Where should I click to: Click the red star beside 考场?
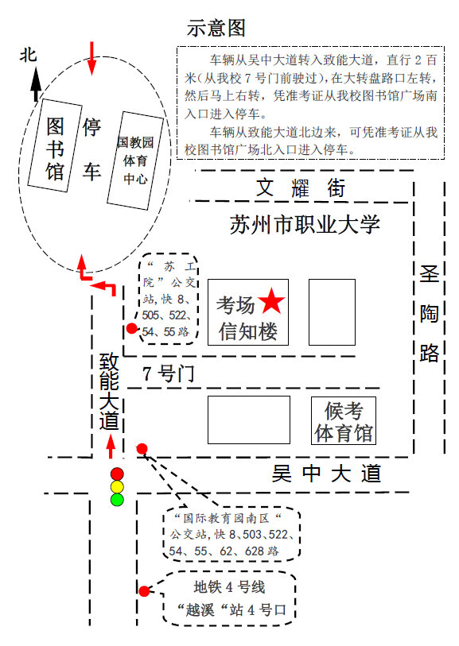point(271,301)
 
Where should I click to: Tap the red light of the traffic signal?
point(117,474)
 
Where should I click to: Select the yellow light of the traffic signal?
point(117,487)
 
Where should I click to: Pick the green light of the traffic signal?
point(117,500)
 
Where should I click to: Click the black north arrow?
point(37,83)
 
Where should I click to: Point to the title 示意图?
point(216,28)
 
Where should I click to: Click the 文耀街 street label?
point(301,188)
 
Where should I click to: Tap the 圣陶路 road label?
point(429,314)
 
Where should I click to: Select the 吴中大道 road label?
point(326,474)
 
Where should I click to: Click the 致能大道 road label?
point(109,392)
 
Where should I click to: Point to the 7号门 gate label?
point(169,373)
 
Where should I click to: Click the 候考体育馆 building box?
point(344,420)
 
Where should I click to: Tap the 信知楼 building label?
point(248,331)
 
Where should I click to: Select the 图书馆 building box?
point(55,145)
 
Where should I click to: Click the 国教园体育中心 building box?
point(135,161)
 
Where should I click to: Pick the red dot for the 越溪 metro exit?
point(144,591)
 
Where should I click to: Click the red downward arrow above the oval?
point(91,59)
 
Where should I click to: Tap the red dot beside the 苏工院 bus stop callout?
point(131,328)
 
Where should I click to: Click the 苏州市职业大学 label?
point(305,225)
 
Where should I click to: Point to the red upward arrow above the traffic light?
point(110,447)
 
